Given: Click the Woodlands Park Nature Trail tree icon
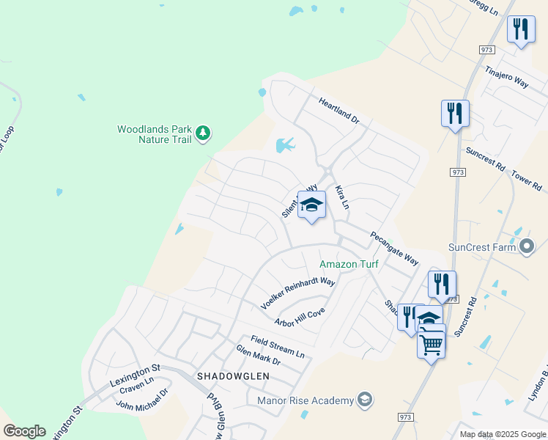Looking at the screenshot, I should click(203, 134).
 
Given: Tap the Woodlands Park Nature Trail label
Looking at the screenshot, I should click(154, 134).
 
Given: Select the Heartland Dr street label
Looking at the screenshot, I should click(339, 109).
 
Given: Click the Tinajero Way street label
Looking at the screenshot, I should click(507, 76).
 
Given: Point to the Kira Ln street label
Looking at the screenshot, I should click(342, 197).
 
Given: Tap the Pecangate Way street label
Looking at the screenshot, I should click(394, 249).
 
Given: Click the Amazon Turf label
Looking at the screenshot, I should click(348, 264).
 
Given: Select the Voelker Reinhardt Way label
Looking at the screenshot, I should click(298, 293).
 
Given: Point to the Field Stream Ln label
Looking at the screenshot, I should click(277, 345).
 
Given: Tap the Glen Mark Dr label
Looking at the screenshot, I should click(258, 356).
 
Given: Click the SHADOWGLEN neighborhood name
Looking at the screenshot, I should click(233, 375).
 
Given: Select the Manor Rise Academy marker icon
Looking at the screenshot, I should click(365, 400).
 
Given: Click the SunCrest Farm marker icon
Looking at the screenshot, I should click(526, 247).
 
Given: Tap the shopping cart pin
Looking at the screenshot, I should click(431, 343).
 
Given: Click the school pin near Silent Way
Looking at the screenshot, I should click(311, 205).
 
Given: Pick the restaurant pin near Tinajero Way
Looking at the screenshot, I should click(521, 30).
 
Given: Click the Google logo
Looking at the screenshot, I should click(24, 431).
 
